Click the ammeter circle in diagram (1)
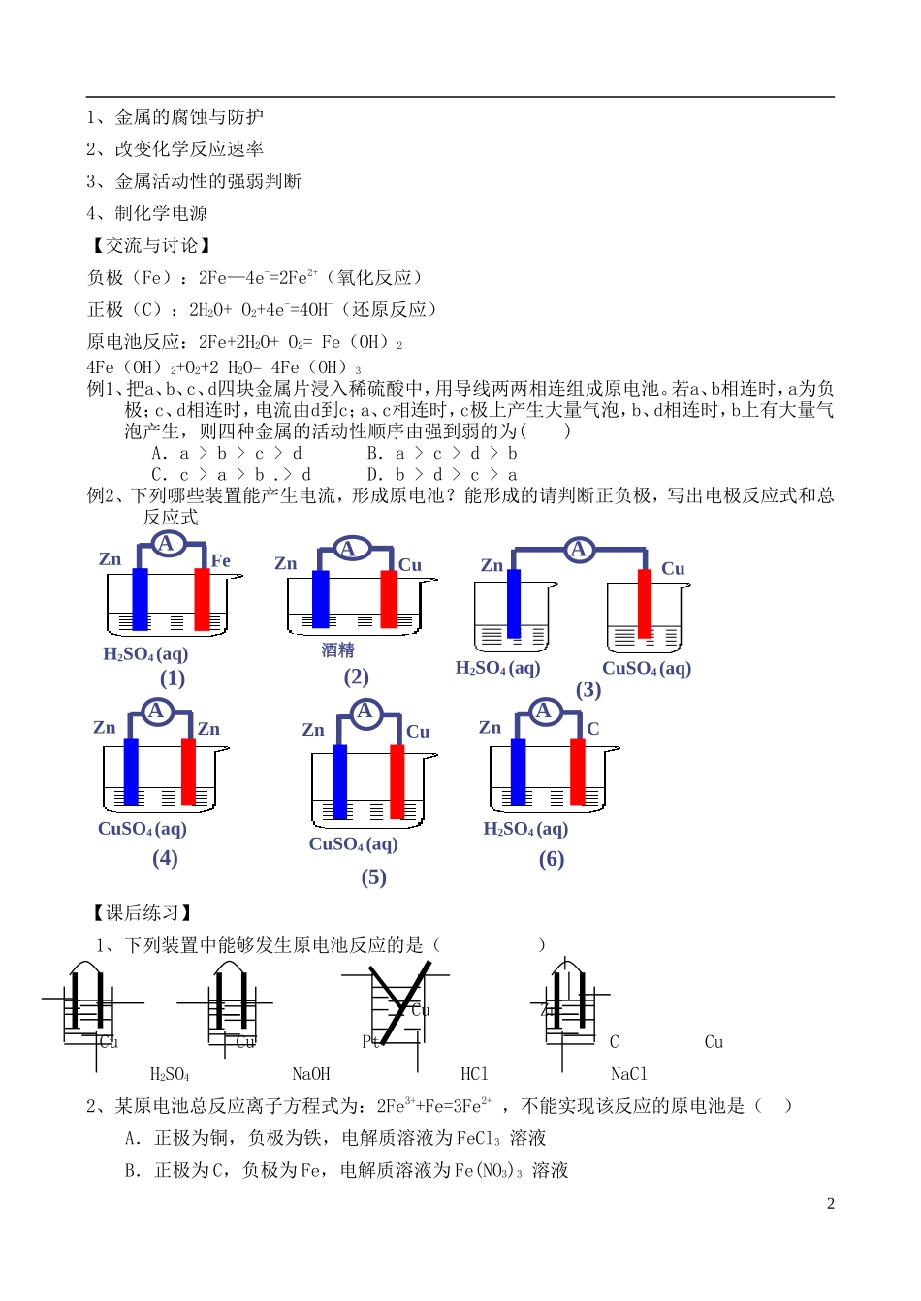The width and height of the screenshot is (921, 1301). click(167, 543)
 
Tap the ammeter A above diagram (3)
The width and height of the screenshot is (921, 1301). click(579, 550)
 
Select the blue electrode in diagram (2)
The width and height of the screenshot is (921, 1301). click(320, 599)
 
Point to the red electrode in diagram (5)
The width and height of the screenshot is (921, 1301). click(397, 781)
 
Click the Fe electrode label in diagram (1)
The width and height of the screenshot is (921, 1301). click(221, 560)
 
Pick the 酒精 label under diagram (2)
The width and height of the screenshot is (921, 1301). click(338, 650)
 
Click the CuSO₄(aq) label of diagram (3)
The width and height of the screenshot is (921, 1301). click(647, 668)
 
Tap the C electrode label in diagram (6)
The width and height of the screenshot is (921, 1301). click(593, 729)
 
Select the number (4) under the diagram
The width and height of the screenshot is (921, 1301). click(165, 858)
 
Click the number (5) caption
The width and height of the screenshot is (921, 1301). click(374, 877)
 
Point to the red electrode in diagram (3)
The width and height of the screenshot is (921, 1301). click(645, 603)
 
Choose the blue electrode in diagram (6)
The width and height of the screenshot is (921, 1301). click(519, 772)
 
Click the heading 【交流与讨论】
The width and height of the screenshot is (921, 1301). click(149, 245)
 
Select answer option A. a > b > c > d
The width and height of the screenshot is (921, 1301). click(227, 453)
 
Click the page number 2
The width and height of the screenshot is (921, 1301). click(831, 1204)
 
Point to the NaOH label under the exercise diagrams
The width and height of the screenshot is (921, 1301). click(311, 1074)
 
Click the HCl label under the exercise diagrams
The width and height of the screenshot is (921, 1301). click(475, 1074)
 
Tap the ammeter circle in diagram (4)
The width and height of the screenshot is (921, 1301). click(156, 712)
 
